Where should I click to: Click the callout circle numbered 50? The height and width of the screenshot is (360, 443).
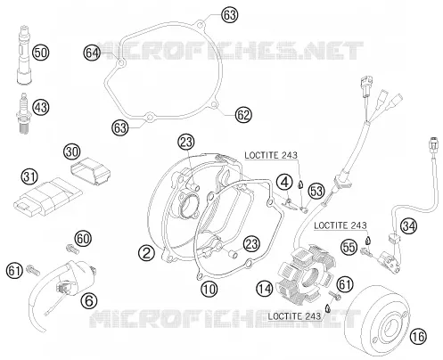(x=40, y=53)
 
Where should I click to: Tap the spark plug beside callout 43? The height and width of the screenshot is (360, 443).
(x=23, y=113)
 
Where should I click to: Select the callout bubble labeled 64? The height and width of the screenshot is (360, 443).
(x=92, y=53)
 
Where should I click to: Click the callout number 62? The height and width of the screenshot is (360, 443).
(x=243, y=115)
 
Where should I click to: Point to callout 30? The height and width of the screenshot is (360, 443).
(x=72, y=151)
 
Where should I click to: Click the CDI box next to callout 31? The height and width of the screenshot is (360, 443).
(x=47, y=197)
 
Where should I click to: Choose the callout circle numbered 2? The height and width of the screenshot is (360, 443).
(x=146, y=253)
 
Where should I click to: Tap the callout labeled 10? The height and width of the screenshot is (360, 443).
(x=209, y=289)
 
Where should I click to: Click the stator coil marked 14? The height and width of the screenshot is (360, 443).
(x=305, y=274)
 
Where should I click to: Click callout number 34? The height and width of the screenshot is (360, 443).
(x=408, y=226)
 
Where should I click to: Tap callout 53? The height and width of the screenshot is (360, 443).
(x=316, y=191)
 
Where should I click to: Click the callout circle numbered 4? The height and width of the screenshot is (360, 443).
(x=284, y=182)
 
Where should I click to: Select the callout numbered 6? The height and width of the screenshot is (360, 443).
(x=89, y=301)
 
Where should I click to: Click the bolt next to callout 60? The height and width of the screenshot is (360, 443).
(x=71, y=249)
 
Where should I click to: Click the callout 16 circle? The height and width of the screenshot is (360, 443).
(x=418, y=337)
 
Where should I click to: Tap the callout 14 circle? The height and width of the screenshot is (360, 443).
(x=265, y=289)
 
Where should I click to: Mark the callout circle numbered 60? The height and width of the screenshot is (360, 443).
(x=83, y=239)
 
